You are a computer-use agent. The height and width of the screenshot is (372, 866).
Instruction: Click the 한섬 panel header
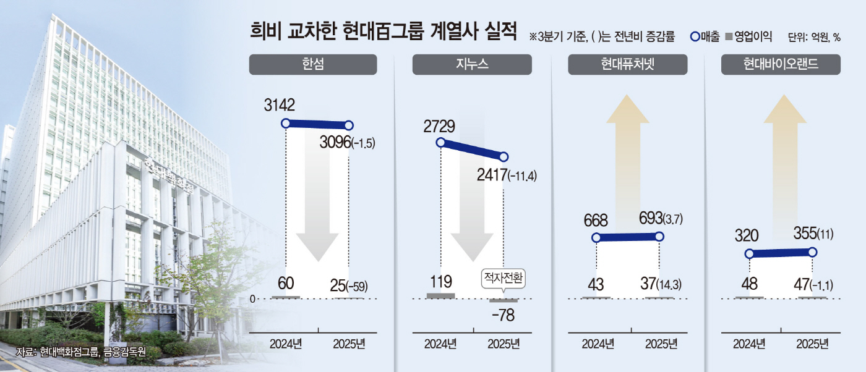click(313, 65)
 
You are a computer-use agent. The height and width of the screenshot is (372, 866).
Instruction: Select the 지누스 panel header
click(472, 65)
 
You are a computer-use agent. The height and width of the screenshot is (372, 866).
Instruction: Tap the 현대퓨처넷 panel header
click(627, 65)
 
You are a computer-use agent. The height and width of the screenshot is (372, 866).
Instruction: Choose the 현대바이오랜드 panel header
click(781, 65)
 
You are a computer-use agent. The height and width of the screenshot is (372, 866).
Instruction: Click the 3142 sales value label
click(281, 105)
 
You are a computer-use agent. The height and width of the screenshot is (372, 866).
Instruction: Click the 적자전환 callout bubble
click(503, 279)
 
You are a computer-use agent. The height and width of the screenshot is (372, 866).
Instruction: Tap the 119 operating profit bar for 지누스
click(441, 295)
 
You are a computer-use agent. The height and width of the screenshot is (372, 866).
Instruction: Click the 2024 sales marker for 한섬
click(286, 123)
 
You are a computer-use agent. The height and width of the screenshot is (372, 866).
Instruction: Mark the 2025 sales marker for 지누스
click(504, 157)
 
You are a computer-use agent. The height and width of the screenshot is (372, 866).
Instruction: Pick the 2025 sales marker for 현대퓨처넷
click(659, 237)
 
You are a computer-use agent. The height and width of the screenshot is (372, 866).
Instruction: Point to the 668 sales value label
click(595, 220)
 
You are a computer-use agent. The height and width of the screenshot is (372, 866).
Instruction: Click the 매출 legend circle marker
click(695, 36)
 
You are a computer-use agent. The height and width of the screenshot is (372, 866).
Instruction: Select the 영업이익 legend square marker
click(728, 36)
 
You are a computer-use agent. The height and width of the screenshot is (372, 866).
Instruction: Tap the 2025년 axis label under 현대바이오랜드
click(812, 344)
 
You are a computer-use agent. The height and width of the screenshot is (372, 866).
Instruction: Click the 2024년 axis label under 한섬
click(286, 344)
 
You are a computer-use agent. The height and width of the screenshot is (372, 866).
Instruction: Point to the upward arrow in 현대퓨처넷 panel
click(627, 154)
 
